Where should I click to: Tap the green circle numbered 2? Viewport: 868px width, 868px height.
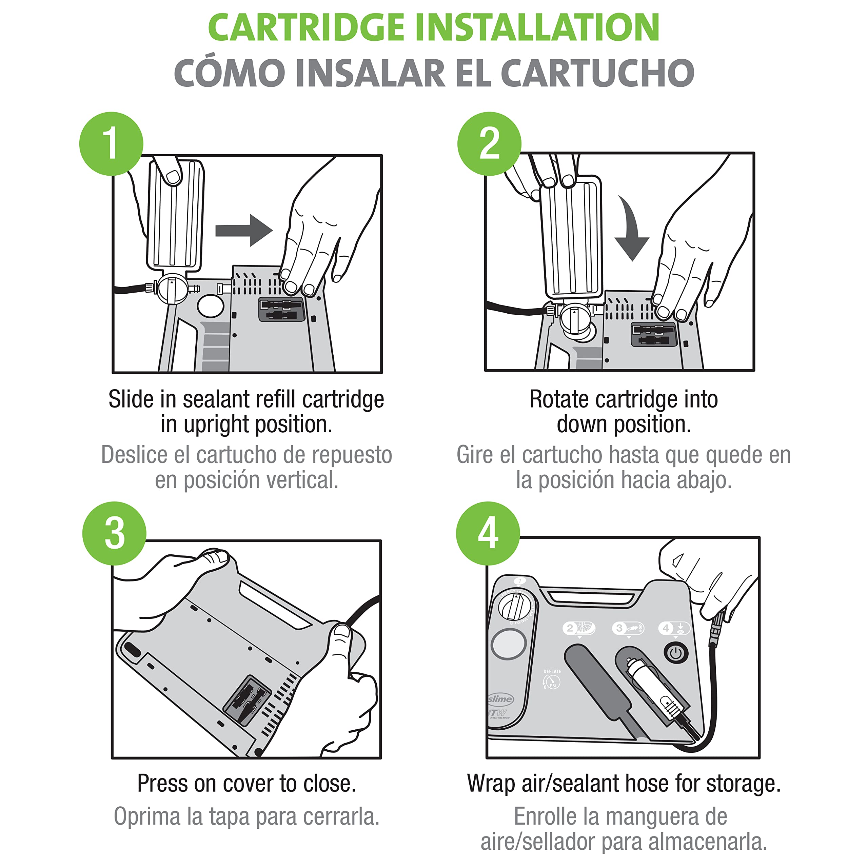489,144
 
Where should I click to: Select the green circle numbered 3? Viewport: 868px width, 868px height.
114,533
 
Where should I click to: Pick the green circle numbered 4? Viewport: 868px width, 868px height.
488,533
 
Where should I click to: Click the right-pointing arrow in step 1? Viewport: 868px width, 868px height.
244,231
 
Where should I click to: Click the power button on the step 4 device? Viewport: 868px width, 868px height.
676,653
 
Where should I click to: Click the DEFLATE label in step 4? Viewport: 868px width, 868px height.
552,672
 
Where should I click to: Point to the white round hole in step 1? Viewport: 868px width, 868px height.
210,305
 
